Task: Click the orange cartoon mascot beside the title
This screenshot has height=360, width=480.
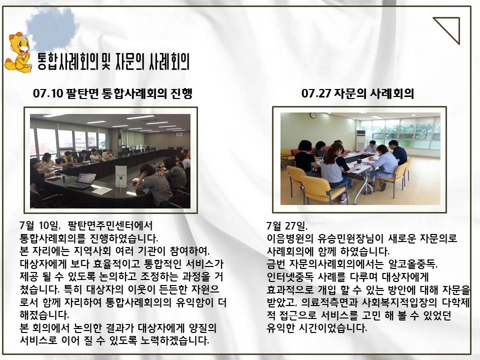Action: pos(18,52)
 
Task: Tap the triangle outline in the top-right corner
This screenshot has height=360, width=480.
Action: pos(453,24)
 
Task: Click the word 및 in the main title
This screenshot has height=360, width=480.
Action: pos(105,62)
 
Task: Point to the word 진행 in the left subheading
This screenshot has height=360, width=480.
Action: pos(181,93)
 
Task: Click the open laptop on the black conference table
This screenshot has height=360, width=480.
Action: pos(82,180)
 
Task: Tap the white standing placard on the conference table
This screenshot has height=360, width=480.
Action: pos(121,177)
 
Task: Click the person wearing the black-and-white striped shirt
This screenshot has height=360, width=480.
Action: pos(153,183)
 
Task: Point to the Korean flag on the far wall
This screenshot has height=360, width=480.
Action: pos(179,134)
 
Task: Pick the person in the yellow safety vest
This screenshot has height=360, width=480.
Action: pos(68,158)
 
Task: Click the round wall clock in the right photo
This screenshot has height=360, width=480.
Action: pos(313,115)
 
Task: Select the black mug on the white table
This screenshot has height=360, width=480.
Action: pos(359,161)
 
